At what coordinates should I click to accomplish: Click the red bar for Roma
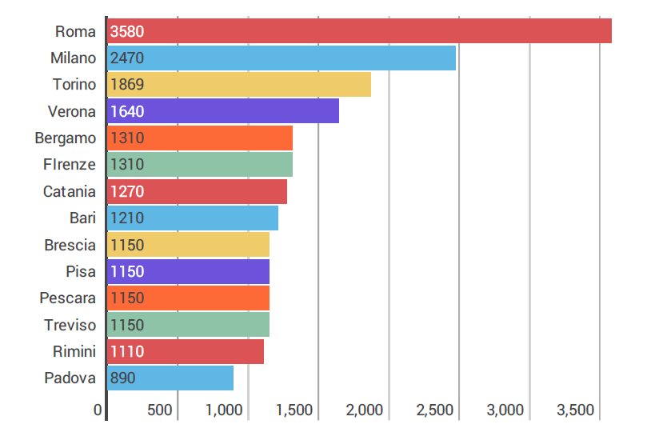coord(360,31)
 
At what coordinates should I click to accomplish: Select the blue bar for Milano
coord(282,58)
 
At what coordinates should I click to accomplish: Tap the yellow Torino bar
coord(239,85)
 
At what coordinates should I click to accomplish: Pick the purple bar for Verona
coord(223,111)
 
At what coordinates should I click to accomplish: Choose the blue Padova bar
coord(170,378)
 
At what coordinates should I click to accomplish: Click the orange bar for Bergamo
coord(200,138)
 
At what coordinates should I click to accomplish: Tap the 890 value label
coord(123,378)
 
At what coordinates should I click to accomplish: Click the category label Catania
coord(70,191)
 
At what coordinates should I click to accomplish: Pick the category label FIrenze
coord(70,165)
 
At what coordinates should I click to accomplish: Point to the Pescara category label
coord(68,298)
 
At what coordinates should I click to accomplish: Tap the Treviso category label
coord(70,325)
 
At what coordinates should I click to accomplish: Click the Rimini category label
coord(74,351)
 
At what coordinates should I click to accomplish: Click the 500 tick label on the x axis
coord(160,410)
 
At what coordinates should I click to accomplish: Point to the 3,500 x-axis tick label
coord(576,410)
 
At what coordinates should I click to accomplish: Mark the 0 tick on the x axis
coord(98,410)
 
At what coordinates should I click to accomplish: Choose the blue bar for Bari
coord(193,218)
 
